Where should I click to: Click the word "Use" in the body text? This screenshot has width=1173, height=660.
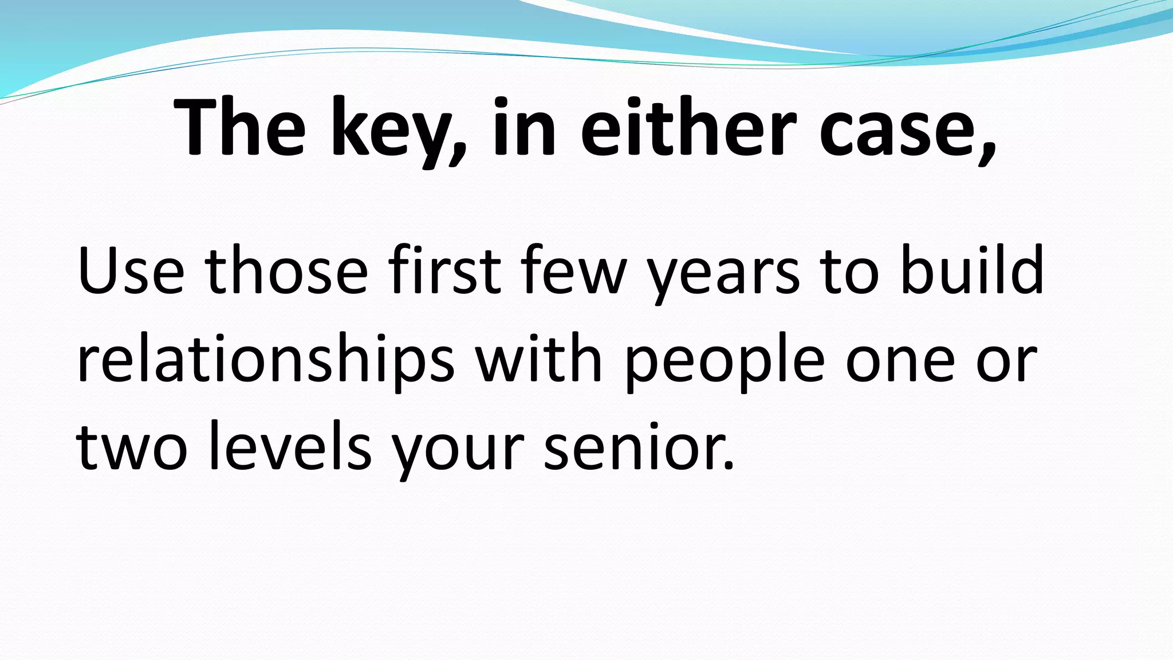click(x=131, y=272)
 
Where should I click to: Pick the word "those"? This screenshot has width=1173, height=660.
click(x=286, y=272)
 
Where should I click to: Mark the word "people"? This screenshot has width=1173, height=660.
click(x=725, y=363)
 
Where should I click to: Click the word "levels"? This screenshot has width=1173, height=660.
click(x=290, y=447)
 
